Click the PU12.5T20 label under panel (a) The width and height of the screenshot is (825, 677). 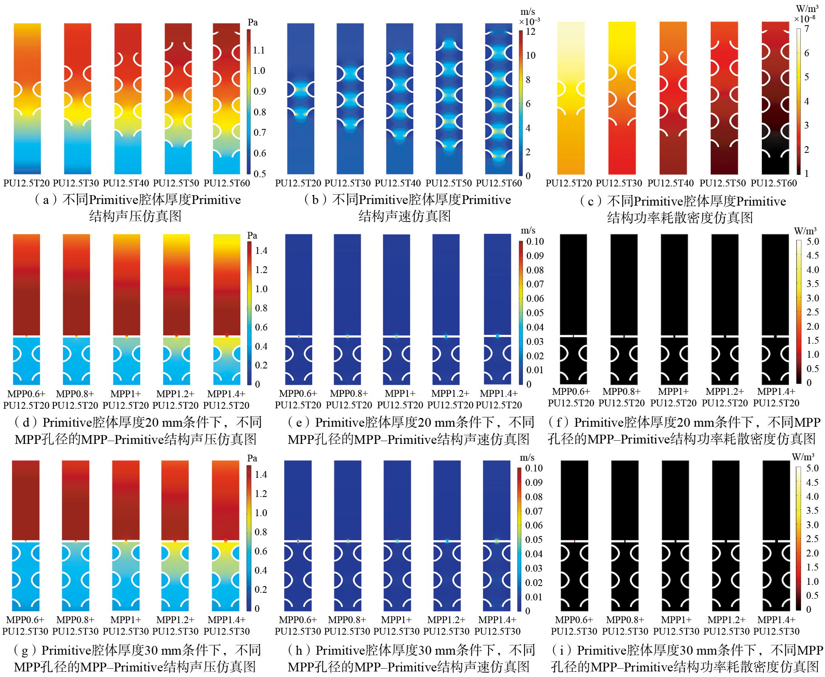click(x=26, y=183)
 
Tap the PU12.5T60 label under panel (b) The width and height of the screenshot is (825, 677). click(x=499, y=183)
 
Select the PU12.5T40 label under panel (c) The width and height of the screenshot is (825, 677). click(x=671, y=183)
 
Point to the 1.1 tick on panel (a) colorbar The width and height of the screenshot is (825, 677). click(x=259, y=50)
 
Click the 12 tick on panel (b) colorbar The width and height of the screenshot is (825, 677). click(x=530, y=32)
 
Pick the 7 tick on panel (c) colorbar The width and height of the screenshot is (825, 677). click(x=807, y=29)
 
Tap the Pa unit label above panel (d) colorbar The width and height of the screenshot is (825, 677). click(x=252, y=235)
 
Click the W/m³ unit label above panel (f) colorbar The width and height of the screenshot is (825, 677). click(x=805, y=231)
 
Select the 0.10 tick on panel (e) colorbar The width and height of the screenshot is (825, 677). click(x=535, y=242)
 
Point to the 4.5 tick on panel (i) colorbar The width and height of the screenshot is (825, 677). click(x=812, y=482)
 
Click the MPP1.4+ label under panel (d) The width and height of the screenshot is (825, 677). click(x=226, y=394)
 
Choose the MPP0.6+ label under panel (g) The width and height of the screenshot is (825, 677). click(x=25, y=620)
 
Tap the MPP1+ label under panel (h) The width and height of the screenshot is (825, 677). click(x=396, y=620)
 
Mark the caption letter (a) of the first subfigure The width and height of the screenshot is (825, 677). click(x=46, y=200)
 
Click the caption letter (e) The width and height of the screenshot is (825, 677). click(x=299, y=422)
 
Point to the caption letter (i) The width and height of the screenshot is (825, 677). click(x=562, y=650)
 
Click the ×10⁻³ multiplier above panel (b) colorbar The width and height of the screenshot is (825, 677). click(x=529, y=22)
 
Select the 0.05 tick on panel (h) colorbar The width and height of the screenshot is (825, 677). click(x=534, y=540)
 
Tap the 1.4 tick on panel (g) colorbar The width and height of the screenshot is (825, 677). click(x=261, y=475)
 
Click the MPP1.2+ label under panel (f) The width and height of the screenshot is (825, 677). click(x=725, y=392)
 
